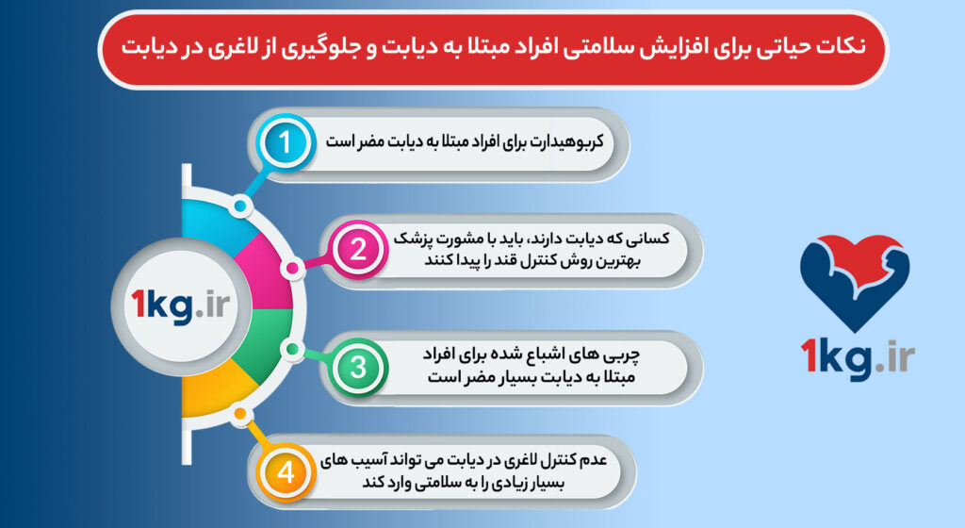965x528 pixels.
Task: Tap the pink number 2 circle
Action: pos(357,250)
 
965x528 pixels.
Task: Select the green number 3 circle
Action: pos(357,366)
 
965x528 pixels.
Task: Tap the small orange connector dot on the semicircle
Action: pos(241,415)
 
